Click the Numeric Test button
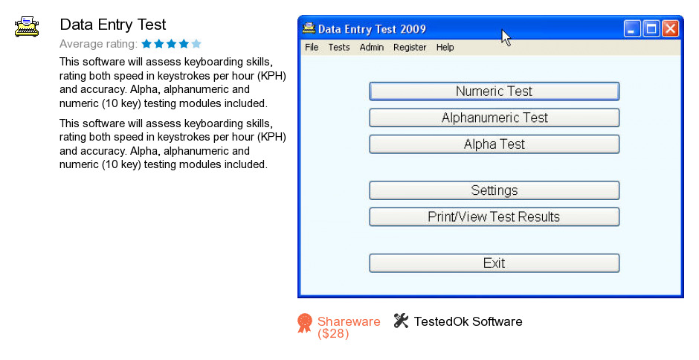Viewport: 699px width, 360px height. tap(494, 91)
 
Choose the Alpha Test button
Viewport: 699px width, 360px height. tap(494, 144)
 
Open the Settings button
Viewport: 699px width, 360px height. tap(494, 190)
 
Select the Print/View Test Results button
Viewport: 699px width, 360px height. tap(494, 216)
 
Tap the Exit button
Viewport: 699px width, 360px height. tap(494, 263)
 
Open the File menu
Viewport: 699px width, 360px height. tap(312, 48)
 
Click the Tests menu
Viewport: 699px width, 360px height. tap(339, 48)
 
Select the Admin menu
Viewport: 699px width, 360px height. tap(372, 48)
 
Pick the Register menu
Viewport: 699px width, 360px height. tap(410, 48)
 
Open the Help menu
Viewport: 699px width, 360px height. tap(445, 48)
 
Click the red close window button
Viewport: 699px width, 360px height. tap(670, 29)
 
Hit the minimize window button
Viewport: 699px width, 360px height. tap(631, 29)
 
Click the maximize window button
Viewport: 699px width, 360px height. tap(651, 29)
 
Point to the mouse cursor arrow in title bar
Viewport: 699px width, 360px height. tap(506, 37)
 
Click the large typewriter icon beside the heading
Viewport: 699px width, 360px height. tap(26, 27)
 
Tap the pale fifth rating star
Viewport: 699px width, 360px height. tap(196, 44)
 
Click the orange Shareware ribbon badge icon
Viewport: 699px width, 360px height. tap(305, 323)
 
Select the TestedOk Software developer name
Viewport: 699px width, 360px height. tap(468, 321)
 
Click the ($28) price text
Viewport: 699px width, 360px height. tap(333, 334)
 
